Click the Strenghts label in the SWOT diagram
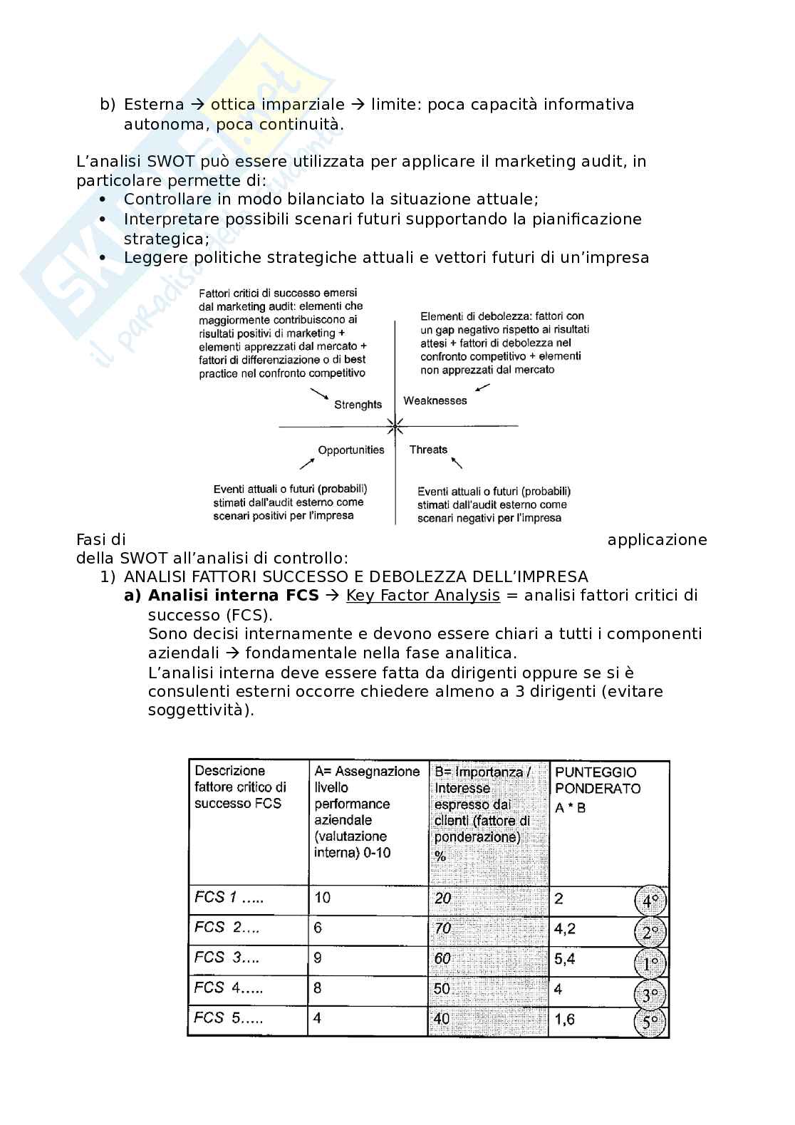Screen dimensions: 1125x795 click(358, 405)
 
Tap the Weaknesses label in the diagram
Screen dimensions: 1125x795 click(435, 400)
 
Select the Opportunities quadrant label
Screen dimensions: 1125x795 click(350, 450)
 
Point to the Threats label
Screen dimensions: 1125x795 click(428, 450)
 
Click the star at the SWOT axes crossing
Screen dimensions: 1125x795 click(395, 427)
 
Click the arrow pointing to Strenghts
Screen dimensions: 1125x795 click(318, 394)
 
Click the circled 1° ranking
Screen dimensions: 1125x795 click(650, 963)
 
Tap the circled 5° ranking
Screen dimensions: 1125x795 click(650, 1022)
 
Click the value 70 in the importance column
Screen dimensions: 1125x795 click(442, 928)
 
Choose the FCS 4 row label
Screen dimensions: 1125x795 click(229, 988)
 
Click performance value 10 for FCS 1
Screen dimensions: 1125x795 click(322, 898)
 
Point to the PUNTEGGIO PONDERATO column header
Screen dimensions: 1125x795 click(597, 780)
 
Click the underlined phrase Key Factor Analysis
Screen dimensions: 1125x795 click(422, 596)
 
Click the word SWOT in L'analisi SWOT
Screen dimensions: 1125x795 click(167, 161)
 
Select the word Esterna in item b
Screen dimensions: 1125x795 click(154, 105)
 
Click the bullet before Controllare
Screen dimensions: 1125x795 click(103, 199)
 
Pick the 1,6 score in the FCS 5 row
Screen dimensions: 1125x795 click(564, 1020)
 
